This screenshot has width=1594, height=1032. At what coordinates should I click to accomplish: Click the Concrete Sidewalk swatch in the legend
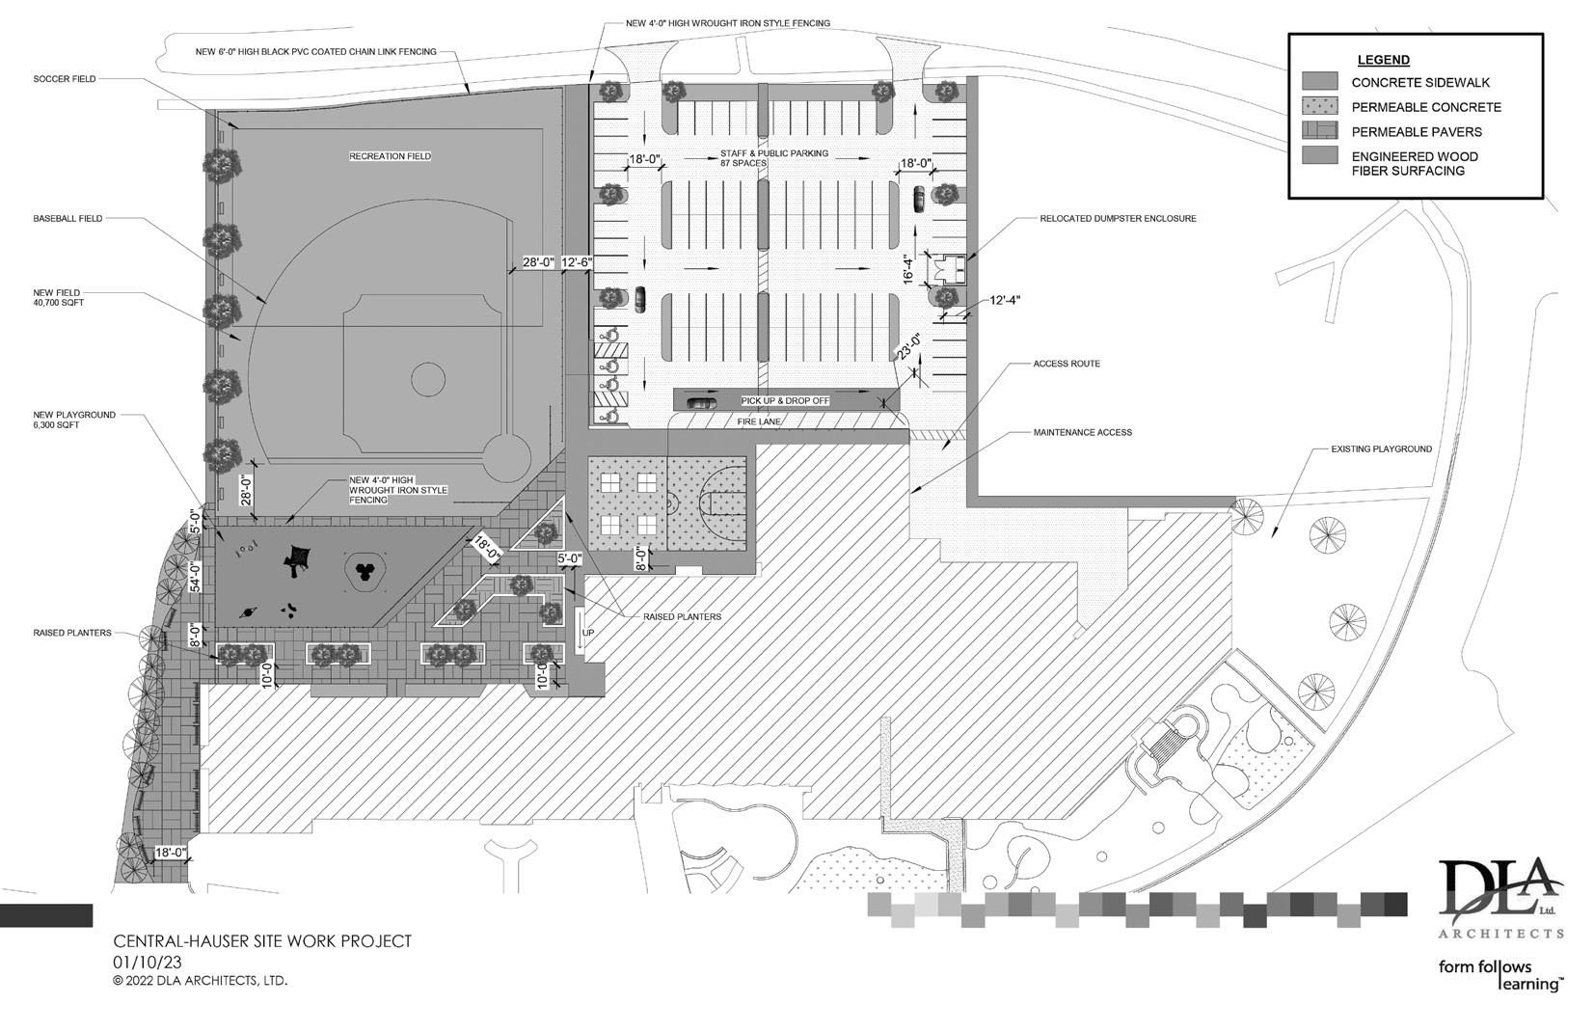[1319, 82]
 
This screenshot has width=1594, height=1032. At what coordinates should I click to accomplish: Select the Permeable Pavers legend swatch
[1319, 131]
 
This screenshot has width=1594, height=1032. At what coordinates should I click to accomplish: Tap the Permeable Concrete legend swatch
[1319, 106]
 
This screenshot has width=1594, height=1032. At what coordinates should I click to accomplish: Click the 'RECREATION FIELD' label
[390, 156]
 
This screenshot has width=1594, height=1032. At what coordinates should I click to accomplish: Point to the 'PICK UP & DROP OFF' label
[784, 400]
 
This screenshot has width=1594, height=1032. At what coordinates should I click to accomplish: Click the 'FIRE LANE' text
[759, 421]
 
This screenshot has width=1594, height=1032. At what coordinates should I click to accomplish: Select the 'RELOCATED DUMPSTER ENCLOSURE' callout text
[1118, 219]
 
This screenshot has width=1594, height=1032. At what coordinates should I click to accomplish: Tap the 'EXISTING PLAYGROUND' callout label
[1381, 449]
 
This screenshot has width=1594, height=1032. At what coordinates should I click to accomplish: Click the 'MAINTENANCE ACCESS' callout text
[1082, 432]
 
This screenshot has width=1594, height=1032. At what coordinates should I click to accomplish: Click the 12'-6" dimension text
[576, 261]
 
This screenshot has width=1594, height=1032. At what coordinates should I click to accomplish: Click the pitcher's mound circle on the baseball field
[428, 379]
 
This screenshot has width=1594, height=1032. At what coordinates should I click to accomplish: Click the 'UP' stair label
[588, 633]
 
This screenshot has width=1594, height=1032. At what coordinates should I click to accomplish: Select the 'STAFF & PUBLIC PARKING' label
[773, 153]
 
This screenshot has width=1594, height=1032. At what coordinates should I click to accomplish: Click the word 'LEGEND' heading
[1383, 60]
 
